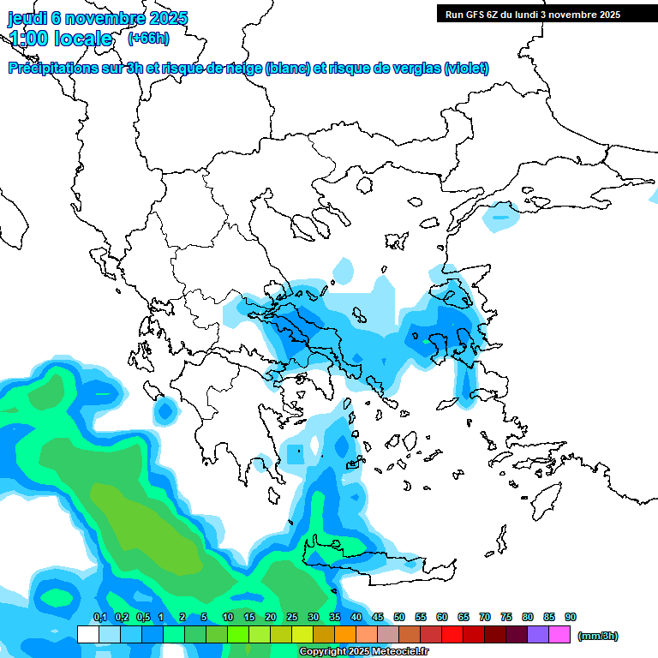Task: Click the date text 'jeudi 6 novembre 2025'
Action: pyautogui.click(x=98, y=18)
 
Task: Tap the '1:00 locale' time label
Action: pyautogui.click(x=61, y=39)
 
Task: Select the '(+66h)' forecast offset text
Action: pyautogui.click(x=148, y=38)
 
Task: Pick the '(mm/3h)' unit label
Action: pyautogui.click(x=597, y=636)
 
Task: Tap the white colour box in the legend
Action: pyautogui.click(x=87, y=635)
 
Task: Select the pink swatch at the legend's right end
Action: pyautogui.click(x=559, y=635)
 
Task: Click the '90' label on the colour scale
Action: pyautogui.click(x=571, y=617)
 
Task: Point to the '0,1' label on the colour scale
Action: pyautogui.click(x=99, y=617)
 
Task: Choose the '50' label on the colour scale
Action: pyautogui.click(x=399, y=617)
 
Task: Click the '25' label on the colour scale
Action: pyautogui.click(x=292, y=617)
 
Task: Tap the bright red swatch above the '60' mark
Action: pyautogui.click(x=452, y=635)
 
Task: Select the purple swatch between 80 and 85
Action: pyautogui.click(x=538, y=635)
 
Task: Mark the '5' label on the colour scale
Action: pyautogui.click(x=204, y=617)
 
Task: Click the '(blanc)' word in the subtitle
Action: pyautogui.click(x=287, y=69)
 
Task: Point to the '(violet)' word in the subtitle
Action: pyautogui.click(x=466, y=69)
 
